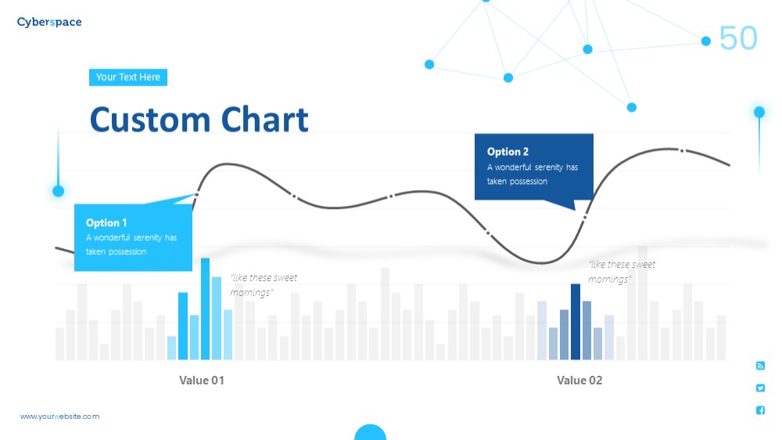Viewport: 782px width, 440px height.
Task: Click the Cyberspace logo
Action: (48, 22)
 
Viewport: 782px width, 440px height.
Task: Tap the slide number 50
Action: (738, 38)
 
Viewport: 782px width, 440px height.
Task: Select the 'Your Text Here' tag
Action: (128, 78)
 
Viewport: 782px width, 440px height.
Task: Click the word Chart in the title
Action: (264, 120)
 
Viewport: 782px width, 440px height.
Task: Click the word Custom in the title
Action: (151, 120)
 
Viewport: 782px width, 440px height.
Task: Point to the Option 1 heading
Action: (106, 223)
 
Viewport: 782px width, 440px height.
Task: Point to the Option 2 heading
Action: (508, 152)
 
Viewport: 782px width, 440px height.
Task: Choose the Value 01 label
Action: (202, 380)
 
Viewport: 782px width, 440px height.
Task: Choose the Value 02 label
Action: (579, 380)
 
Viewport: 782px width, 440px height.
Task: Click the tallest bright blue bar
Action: (205, 308)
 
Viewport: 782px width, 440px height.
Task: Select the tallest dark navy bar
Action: (576, 322)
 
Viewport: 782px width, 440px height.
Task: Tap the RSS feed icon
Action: (760, 366)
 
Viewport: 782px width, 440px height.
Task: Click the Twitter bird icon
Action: (760, 388)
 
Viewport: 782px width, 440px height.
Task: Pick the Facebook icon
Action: (760, 410)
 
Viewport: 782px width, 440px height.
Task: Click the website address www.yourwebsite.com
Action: (60, 417)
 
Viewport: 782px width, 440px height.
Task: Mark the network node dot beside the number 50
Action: (705, 41)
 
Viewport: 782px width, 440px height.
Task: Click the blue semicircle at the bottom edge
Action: (370, 432)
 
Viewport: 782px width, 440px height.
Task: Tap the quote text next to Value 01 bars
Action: (264, 285)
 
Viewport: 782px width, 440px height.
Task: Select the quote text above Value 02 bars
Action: (622, 272)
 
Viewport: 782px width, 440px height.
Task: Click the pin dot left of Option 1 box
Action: (59, 191)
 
